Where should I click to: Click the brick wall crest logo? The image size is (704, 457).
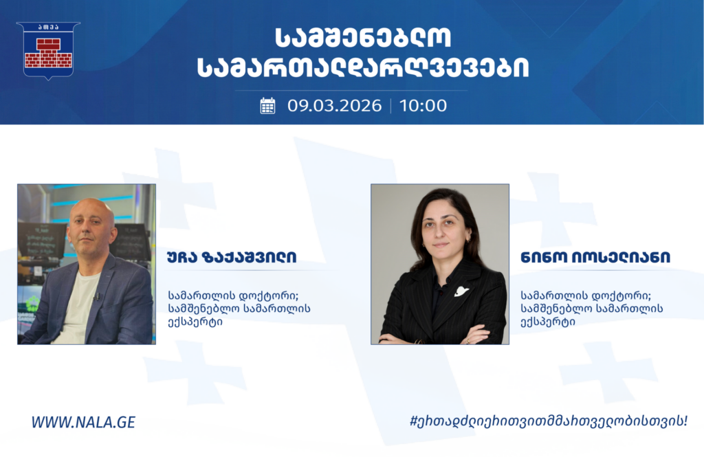point(48,50)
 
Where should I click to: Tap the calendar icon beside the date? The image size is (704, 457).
point(267,106)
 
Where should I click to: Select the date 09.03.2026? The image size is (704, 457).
point(335,106)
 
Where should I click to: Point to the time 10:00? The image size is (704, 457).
point(423,106)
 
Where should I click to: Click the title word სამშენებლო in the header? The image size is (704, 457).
point(363,38)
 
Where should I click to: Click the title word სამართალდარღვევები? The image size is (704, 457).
point(363,68)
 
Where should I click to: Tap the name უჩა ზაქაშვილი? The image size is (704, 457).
point(232,257)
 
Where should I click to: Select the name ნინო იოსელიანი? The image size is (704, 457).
point(595,257)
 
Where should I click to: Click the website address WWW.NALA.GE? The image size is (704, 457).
point(83,422)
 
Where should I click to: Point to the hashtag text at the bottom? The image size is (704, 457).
point(549,421)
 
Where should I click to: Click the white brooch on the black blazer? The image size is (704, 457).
point(461,291)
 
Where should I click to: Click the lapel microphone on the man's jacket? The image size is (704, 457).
point(97,296)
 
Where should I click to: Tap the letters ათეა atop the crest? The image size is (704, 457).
point(48,27)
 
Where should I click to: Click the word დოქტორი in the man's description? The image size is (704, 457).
point(269,296)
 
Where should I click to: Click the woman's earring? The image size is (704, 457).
point(470,240)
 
